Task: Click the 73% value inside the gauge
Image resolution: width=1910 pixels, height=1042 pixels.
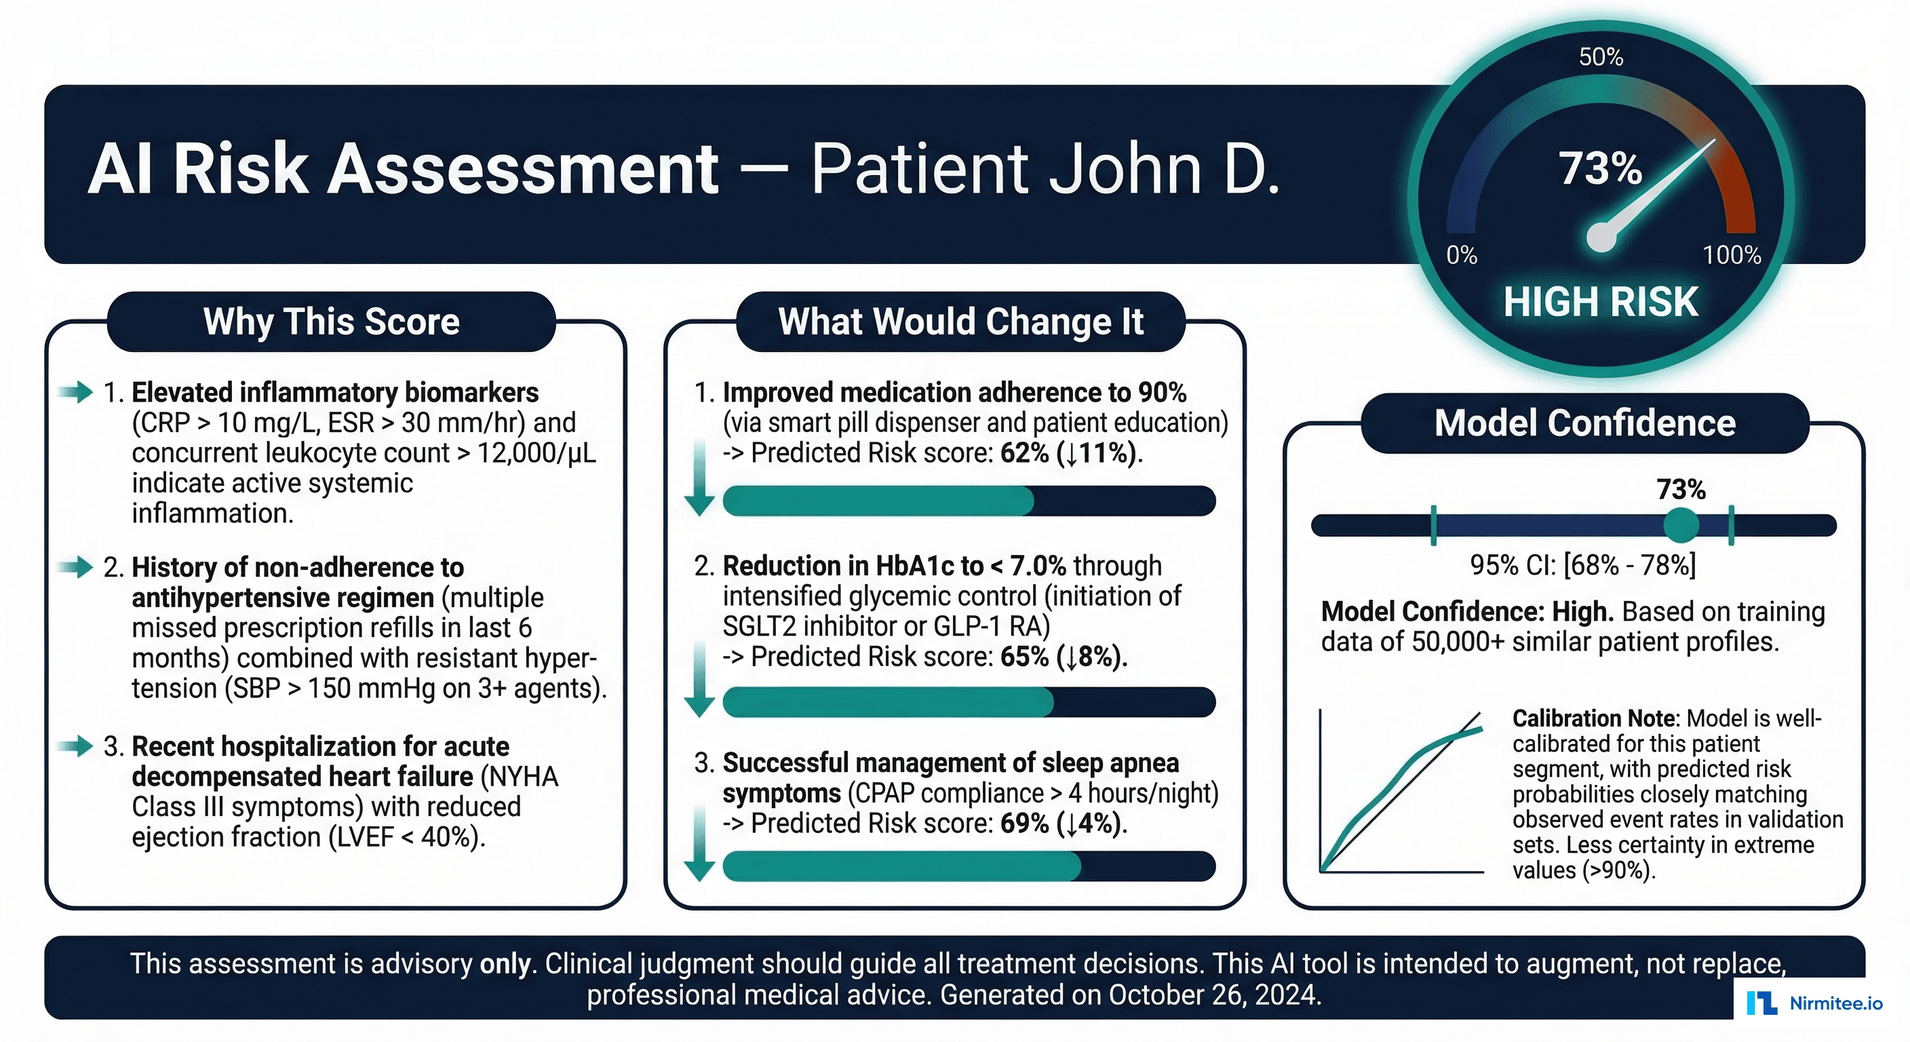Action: (1600, 168)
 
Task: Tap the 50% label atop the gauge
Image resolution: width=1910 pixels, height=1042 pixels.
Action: (1601, 57)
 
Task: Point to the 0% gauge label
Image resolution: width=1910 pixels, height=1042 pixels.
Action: (1462, 255)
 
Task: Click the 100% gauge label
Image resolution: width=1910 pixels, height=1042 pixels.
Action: (1732, 255)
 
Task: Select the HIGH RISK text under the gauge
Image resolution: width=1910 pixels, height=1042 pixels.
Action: (1601, 302)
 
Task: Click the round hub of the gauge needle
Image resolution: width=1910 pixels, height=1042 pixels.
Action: (1601, 237)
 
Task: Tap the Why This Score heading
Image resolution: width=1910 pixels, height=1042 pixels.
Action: (332, 322)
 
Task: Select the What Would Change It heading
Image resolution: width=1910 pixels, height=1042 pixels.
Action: (960, 322)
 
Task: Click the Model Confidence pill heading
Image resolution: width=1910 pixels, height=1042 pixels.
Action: (1584, 423)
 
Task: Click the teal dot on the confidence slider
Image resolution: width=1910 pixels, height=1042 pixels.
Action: (1681, 526)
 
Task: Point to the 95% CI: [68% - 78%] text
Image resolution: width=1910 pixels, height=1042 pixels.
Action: (1583, 566)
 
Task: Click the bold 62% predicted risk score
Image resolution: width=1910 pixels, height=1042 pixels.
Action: (1024, 453)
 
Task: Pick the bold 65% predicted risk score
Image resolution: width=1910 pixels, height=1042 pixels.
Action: (1024, 657)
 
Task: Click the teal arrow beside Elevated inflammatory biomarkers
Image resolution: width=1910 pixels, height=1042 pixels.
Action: (76, 391)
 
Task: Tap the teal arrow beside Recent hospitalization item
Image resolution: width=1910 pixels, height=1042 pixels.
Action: (76, 746)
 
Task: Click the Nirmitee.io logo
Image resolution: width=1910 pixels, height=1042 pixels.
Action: (1814, 1003)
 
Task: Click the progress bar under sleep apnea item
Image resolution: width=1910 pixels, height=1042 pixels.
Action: (969, 866)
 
